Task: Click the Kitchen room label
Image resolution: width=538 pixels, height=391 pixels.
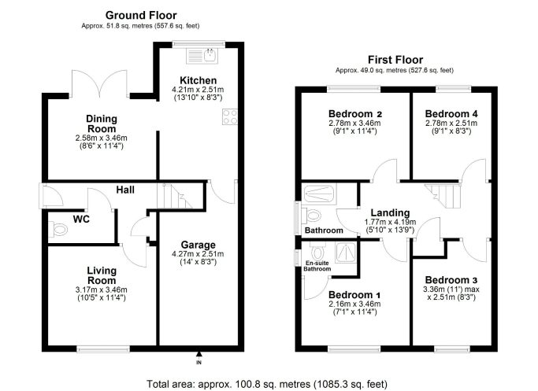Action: click(x=199, y=80)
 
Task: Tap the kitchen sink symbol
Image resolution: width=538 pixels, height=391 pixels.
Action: click(x=202, y=56)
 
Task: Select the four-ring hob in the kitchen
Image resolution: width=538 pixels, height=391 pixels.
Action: click(x=230, y=116)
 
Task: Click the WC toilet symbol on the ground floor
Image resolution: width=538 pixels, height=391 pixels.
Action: click(x=58, y=229)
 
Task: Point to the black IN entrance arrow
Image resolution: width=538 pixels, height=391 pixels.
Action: click(x=199, y=354)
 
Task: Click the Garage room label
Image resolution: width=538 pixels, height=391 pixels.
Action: click(x=199, y=245)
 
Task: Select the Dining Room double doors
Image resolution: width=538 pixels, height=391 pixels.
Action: click(x=100, y=84)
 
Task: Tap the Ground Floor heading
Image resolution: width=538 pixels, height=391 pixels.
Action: click(x=141, y=16)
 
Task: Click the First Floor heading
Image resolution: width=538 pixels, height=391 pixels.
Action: click(x=395, y=60)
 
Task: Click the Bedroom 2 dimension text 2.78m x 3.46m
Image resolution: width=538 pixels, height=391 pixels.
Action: click(x=354, y=123)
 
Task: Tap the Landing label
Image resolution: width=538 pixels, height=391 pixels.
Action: click(x=390, y=213)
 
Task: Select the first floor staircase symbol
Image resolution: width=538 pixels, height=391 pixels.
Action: click(x=443, y=196)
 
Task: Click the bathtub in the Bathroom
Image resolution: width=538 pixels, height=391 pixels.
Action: click(x=319, y=194)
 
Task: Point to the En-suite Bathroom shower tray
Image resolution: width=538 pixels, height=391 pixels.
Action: click(x=345, y=253)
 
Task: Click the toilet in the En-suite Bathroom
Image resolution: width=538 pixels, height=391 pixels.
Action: click(x=317, y=251)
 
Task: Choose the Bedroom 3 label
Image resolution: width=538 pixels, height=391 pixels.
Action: click(x=451, y=280)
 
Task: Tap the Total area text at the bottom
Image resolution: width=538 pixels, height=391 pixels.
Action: click(x=267, y=384)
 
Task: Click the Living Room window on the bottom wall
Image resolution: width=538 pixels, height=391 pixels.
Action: click(x=103, y=349)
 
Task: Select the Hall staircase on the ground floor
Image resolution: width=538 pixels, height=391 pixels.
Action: click(x=174, y=196)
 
